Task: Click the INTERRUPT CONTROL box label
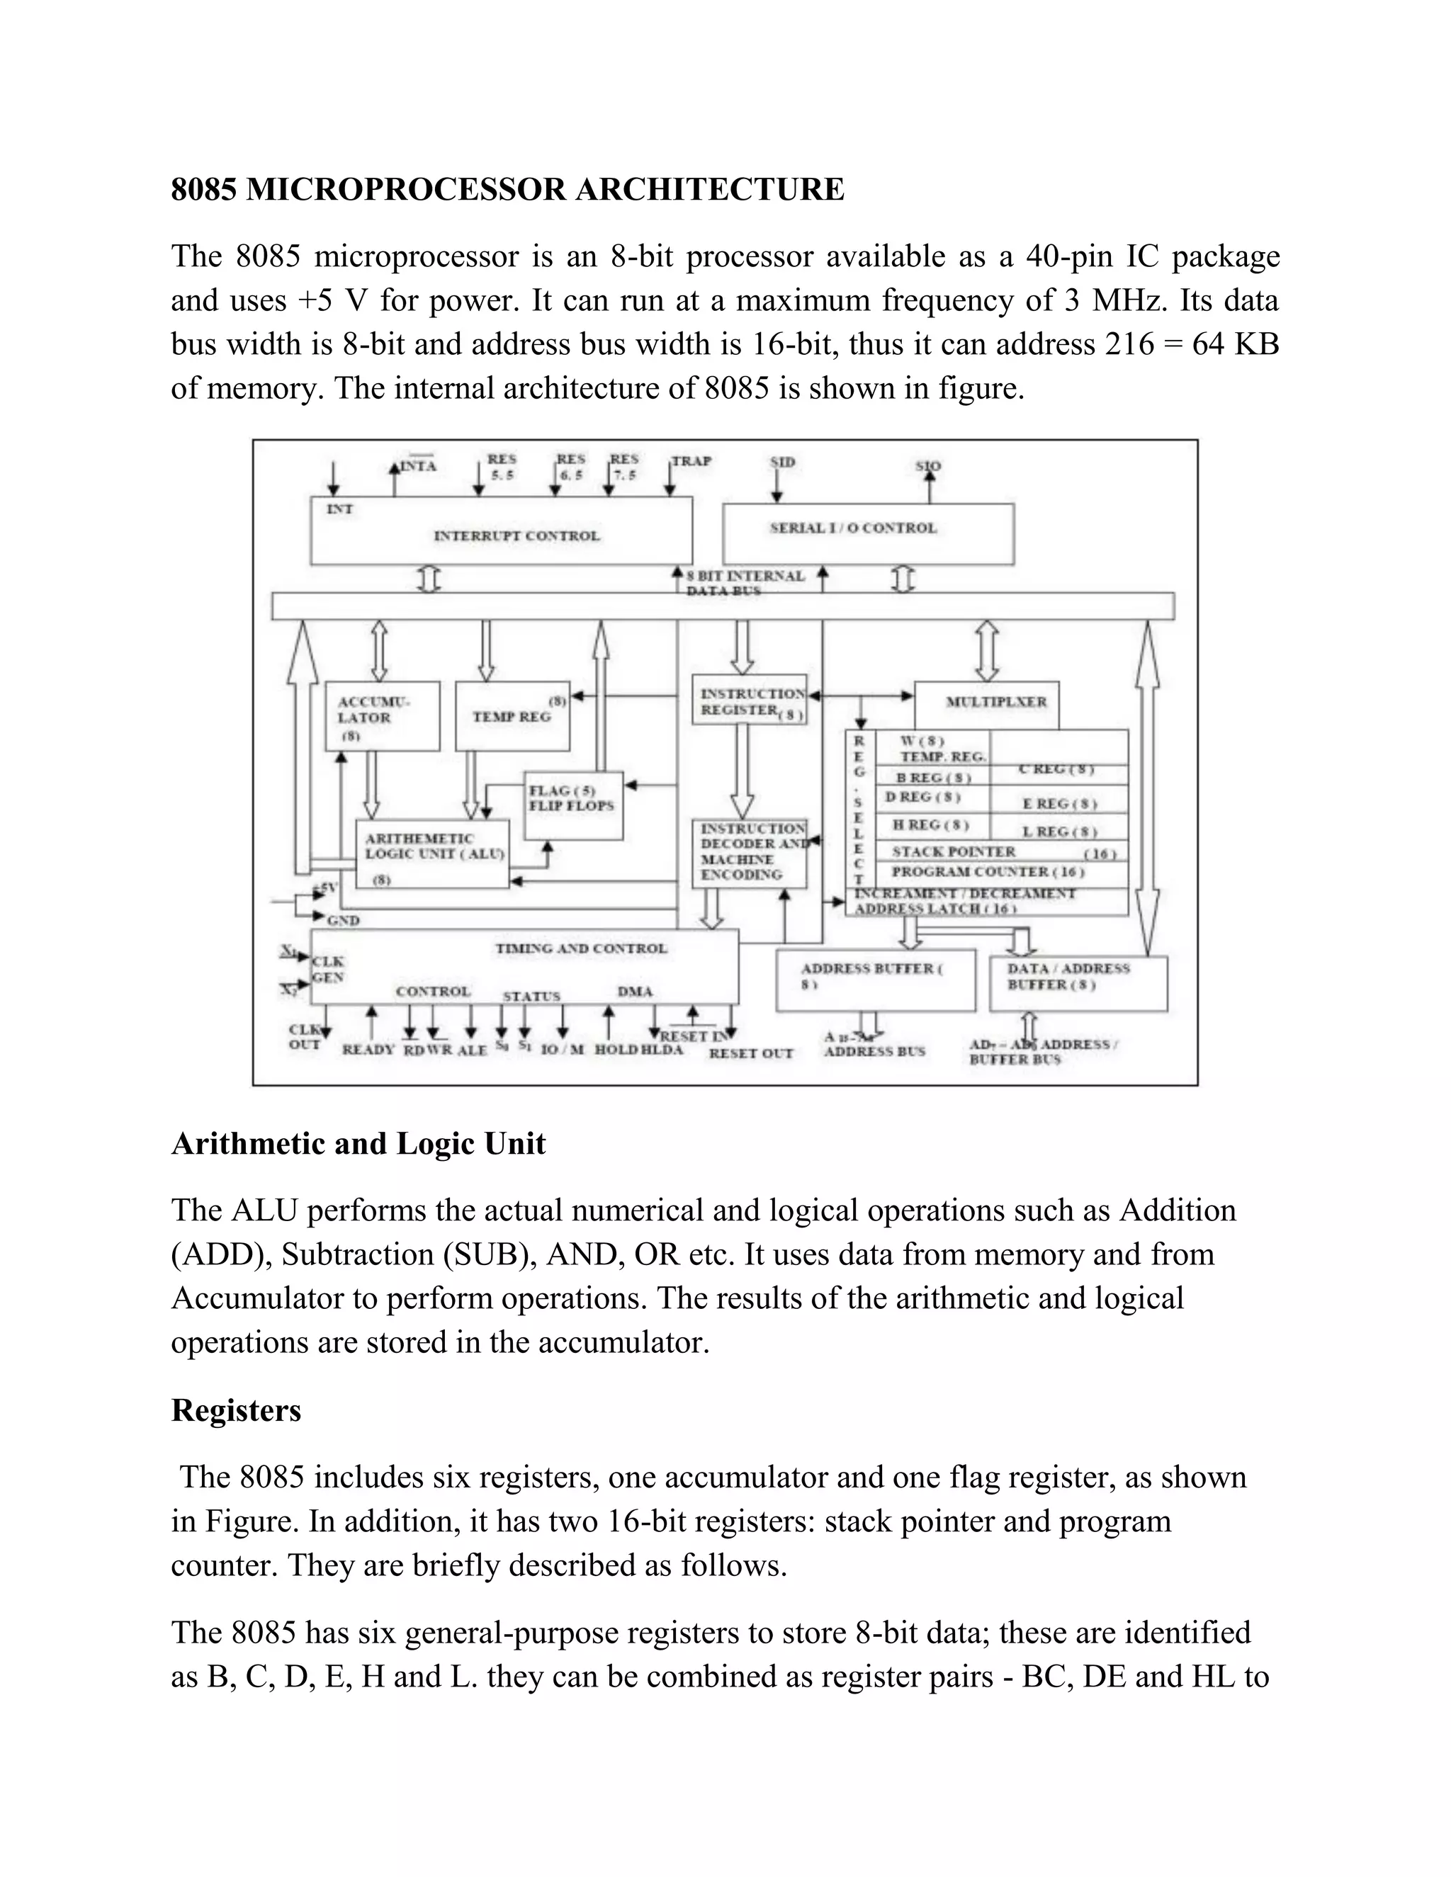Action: (516, 535)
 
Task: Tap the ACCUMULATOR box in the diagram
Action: (382, 716)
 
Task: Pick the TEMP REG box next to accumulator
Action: (512, 716)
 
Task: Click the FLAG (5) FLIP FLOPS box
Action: (573, 799)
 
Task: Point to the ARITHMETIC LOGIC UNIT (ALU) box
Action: (432, 854)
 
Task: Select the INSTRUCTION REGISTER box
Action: (750, 701)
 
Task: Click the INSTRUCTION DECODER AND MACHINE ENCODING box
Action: (750, 853)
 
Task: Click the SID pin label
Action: (782, 463)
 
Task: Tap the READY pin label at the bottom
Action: (368, 1050)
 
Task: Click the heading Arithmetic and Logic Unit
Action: (358, 1144)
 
